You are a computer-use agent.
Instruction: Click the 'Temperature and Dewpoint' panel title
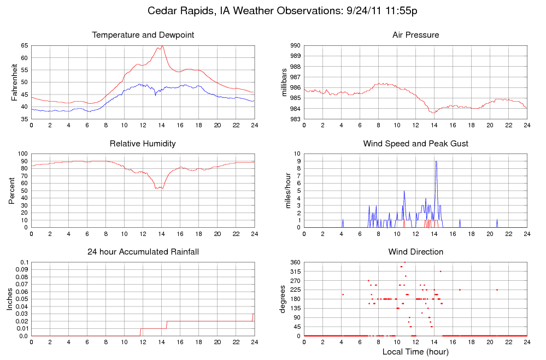(143, 35)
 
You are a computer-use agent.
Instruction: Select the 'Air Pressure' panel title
(415, 35)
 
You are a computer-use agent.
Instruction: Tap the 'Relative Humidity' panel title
(143, 144)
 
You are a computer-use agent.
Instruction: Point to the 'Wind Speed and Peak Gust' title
(415, 144)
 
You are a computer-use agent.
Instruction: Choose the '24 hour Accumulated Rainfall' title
(143, 252)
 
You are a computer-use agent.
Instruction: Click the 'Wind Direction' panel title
(415, 252)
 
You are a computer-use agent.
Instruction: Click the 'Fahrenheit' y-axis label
(15, 82)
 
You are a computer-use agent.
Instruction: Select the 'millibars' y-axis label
(284, 82)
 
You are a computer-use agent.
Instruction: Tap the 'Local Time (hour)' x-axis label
(415, 351)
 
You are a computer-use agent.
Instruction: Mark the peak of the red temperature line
(162, 46)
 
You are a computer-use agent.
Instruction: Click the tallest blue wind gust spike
(436, 162)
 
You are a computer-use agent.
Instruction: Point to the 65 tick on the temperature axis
(24, 45)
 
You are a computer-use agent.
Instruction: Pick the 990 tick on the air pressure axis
(295, 45)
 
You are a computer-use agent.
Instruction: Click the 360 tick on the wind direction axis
(295, 263)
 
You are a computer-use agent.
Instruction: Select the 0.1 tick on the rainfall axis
(24, 263)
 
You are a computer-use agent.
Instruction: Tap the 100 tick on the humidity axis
(23, 154)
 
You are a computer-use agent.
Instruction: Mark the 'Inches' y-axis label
(10, 299)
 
